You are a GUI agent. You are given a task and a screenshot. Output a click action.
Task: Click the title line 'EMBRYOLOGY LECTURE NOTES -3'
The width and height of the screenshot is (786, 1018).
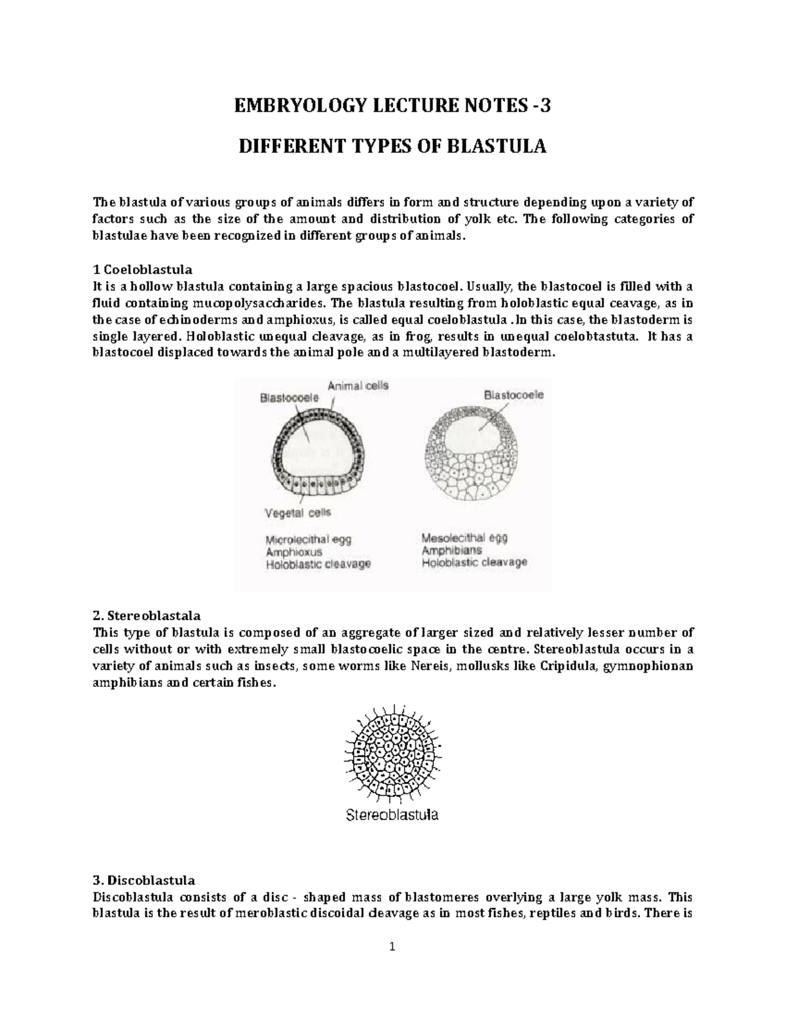point(393,106)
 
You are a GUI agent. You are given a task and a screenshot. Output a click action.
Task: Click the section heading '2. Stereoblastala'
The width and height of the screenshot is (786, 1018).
point(147,616)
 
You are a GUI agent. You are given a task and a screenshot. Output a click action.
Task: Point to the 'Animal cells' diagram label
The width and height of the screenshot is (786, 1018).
point(358,386)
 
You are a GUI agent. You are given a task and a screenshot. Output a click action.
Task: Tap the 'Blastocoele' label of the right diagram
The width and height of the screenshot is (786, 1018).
point(514,395)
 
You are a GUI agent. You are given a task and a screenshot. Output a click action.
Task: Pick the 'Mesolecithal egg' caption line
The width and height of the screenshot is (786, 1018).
point(465,538)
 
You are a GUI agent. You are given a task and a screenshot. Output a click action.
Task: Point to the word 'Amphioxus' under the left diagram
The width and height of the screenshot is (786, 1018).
point(293,553)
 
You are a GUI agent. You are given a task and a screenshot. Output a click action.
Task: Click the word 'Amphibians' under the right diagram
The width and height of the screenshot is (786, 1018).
point(453,551)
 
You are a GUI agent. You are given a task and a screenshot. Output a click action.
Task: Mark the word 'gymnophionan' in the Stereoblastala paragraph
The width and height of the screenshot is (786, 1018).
point(648,667)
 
